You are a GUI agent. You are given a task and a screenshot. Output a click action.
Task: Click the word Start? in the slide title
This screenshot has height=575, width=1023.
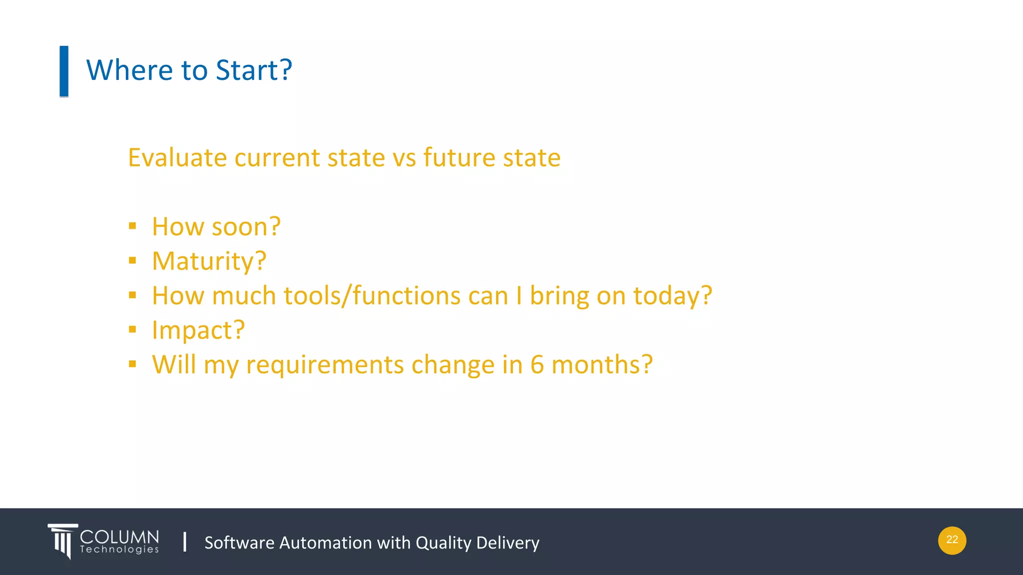(x=254, y=70)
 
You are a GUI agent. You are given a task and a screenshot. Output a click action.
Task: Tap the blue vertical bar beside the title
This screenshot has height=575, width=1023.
(x=64, y=71)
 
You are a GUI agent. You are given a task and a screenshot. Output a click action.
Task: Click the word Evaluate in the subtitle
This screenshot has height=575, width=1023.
(x=177, y=158)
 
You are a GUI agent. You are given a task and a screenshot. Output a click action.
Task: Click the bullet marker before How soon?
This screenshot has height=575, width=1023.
(x=132, y=226)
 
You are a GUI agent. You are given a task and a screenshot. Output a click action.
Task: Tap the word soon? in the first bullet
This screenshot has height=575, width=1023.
(x=246, y=227)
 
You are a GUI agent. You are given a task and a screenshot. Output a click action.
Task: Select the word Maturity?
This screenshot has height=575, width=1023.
(x=209, y=262)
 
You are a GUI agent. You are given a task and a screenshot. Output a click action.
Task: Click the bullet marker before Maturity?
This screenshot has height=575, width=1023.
(x=132, y=261)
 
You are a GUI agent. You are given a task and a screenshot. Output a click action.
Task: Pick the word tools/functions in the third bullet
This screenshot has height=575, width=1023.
(x=372, y=295)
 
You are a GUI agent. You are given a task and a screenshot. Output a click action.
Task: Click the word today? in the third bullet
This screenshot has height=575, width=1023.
(x=672, y=295)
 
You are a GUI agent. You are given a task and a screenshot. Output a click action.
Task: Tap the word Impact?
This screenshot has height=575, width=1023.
(x=198, y=330)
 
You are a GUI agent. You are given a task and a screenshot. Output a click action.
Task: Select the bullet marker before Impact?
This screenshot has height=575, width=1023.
(x=132, y=329)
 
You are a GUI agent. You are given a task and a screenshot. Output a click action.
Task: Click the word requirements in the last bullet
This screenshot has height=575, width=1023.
(x=325, y=365)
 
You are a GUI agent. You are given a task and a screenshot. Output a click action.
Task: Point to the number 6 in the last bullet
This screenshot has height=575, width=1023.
(x=537, y=364)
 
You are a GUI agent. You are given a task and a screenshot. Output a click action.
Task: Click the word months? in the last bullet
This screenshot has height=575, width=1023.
(x=602, y=364)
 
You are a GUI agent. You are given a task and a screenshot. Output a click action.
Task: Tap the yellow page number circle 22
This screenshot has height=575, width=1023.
(x=952, y=541)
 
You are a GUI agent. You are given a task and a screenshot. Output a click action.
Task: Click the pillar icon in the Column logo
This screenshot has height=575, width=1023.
(x=62, y=541)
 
